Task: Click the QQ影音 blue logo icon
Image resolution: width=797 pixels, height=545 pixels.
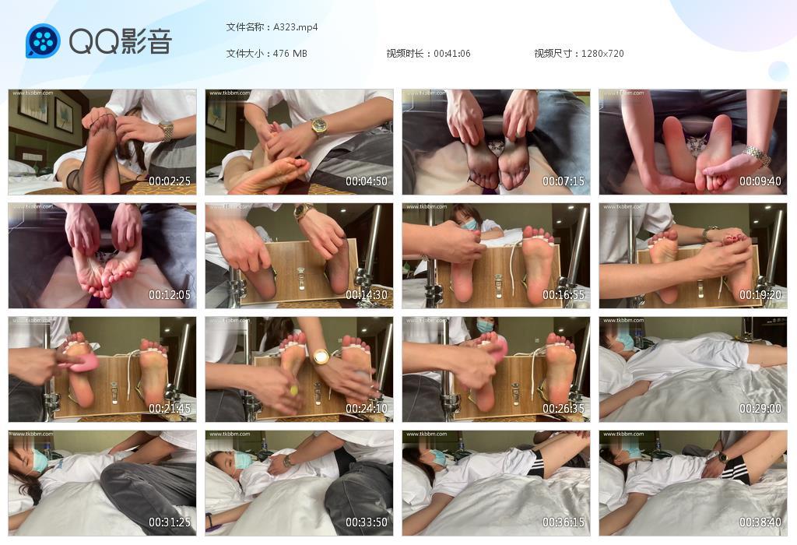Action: (43, 41)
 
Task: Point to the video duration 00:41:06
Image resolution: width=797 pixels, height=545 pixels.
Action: (452, 54)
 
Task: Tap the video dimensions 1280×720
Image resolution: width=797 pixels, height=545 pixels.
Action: (602, 54)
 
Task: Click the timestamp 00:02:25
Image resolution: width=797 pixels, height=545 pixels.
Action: (170, 181)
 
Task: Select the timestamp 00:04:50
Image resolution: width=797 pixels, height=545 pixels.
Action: (367, 181)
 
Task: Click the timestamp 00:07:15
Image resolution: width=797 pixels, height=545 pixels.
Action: (564, 181)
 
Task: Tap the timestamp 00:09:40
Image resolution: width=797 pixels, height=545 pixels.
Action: (760, 181)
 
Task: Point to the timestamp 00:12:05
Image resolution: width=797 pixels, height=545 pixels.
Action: (170, 295)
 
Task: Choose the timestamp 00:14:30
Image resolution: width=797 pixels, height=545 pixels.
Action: (367, 295)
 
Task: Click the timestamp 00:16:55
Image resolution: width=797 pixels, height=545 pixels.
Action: (564, 295)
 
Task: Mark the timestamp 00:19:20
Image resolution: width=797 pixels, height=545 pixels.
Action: (760, 295)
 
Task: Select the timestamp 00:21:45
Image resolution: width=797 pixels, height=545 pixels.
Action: (170, 409)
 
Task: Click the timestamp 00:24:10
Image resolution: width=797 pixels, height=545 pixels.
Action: (367, 409)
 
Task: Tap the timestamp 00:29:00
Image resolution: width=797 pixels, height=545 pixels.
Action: (760, 409)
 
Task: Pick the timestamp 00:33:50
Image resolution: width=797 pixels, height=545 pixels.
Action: (367, 522)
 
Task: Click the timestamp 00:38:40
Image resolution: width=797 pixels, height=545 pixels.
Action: (760, 522)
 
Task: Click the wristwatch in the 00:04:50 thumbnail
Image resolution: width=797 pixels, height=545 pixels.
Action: (319, 125)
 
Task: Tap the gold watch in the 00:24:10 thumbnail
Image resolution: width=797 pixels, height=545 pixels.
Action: (321, 357)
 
